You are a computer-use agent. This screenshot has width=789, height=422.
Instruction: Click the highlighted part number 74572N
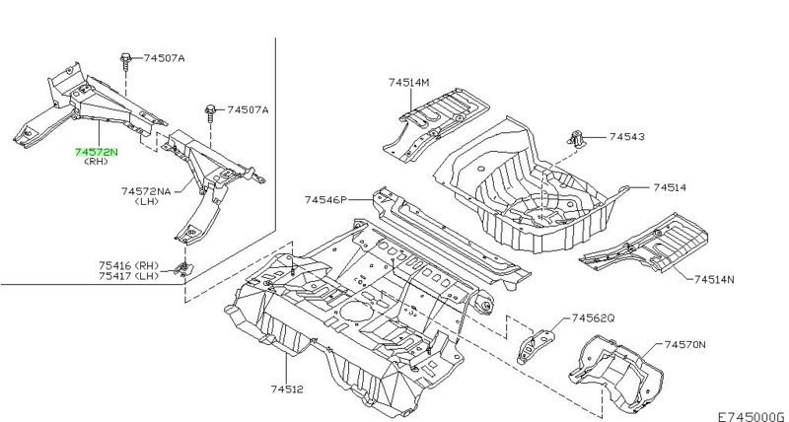(x=96, y=152)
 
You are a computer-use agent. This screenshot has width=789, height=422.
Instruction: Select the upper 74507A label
(x=164, y=58)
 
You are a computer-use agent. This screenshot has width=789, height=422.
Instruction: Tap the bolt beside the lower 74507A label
(x=210, y=113)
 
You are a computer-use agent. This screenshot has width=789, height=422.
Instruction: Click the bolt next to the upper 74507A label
(x=125, y=62)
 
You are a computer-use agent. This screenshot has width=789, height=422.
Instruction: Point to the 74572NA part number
(x=146, y=191)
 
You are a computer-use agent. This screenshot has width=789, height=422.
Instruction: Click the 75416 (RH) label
(x=128, y=265)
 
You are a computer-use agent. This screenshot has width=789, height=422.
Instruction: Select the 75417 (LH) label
(x=128, y=276)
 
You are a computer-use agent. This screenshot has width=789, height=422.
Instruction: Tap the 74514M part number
(x=409, y=82)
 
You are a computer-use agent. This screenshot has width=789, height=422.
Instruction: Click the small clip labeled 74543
(x=576, y=138)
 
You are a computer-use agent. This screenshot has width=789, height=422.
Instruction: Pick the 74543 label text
(x=627, y=136)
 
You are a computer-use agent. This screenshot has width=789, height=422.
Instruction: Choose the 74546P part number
(x=325, y=200)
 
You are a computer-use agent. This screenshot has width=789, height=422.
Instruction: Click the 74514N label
(x=714, y=279)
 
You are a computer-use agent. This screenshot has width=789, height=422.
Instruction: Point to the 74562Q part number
(x=594, y=318)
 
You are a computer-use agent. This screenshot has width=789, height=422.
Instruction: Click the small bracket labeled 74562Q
(x=535, y=346)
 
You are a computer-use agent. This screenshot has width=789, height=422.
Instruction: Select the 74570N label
(x=684, y=344)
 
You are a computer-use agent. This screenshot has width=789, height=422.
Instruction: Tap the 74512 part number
(x=287, y=388)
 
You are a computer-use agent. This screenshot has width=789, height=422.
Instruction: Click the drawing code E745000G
(x=751, y=416)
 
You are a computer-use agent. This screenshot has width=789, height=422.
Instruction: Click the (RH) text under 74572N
(x=96, y=162)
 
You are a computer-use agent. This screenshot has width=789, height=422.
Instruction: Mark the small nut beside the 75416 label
(x=183, y=268)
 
